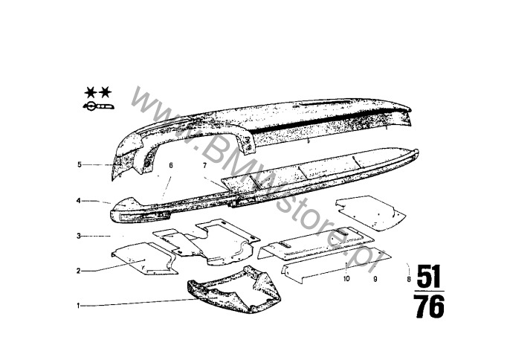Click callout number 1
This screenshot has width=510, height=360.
78,306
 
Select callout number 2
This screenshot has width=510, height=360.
78,271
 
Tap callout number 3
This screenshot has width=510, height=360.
78,236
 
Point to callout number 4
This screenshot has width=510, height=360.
78,201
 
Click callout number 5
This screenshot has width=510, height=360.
80,164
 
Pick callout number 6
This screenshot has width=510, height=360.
171,165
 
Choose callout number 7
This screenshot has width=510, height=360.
204,166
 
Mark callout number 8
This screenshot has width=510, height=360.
409,279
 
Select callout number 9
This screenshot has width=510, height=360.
375,279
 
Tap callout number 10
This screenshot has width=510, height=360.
346,279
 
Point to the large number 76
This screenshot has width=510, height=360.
430,306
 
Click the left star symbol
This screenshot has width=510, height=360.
91,93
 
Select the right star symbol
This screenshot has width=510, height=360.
105,93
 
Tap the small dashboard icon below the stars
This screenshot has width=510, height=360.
98,106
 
